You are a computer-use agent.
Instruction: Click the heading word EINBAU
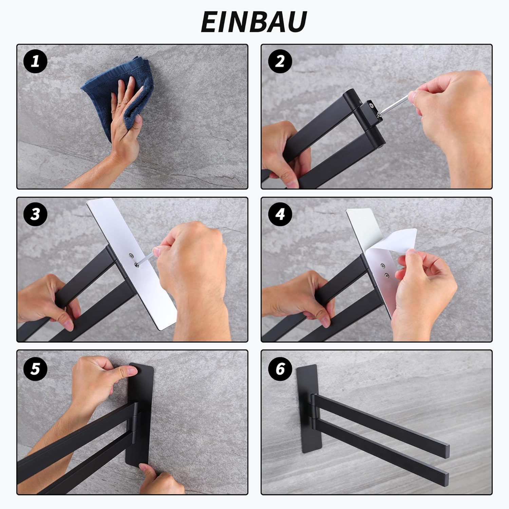click(x=254, y=21)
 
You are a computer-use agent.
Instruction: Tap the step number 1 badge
click(x=35, y=62)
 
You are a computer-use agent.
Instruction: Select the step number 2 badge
click(x=280, y=62)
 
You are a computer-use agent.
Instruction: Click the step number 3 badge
click(x=35, y=214)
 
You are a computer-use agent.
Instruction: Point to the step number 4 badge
click(x=280, y=214)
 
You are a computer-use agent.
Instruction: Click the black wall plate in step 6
click(x=308, y=406)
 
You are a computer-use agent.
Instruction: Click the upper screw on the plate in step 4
click(x=383, y=266)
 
